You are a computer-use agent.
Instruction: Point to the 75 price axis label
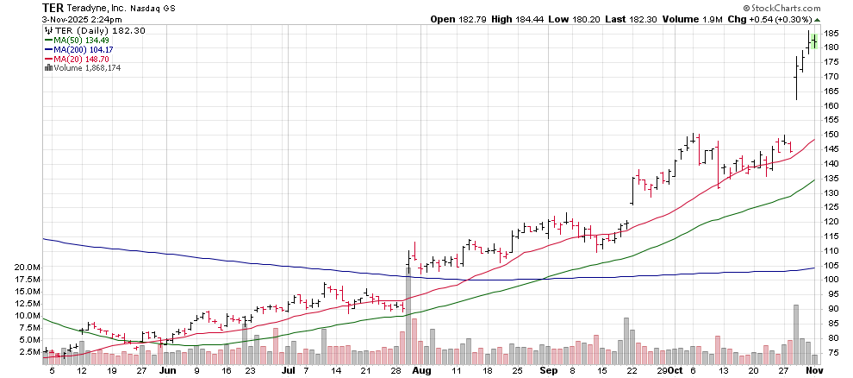831,352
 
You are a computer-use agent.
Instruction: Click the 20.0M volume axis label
28,268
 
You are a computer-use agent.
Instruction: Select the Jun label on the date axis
168,370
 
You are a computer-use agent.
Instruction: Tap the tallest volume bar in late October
796,332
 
